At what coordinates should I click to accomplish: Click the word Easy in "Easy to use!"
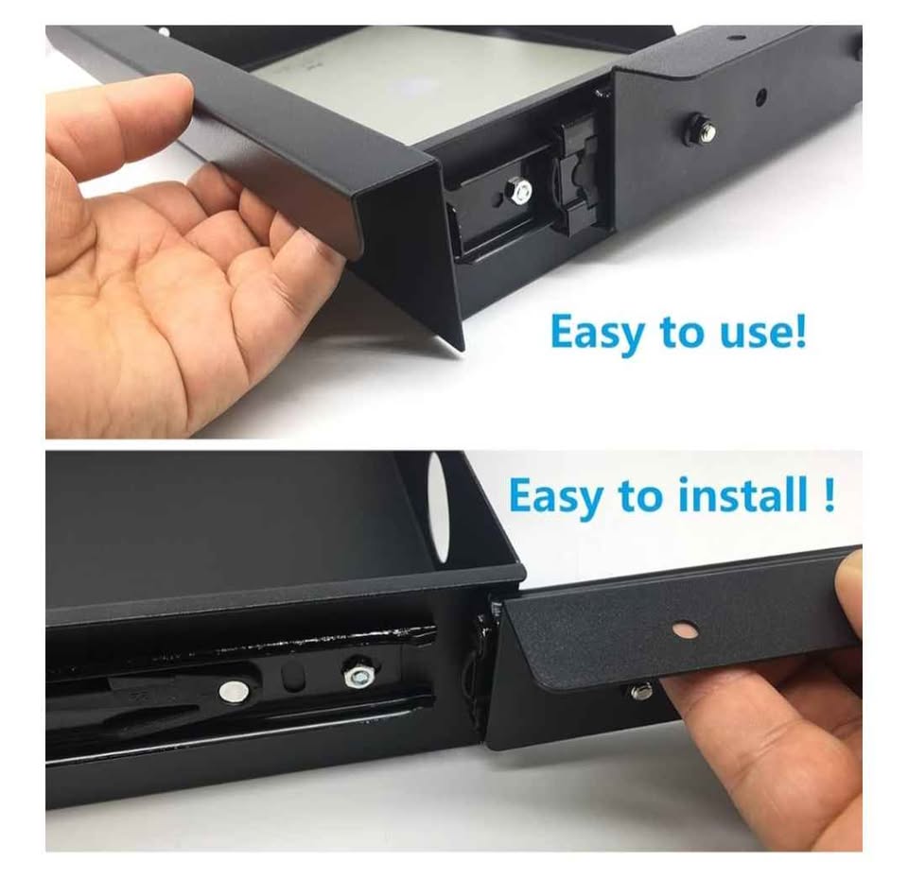(x=597, y=333)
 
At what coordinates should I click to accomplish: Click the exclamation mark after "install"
(x=829, y=494)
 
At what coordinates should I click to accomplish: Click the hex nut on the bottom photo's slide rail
(x=359, y=675)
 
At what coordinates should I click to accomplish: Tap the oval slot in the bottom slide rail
(x=294, y=677)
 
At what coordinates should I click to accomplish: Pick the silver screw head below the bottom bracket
(x=640, y=691)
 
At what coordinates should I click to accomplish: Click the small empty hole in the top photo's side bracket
(x=760, y=95)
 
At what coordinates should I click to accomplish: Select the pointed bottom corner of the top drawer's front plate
(x=461, y=348)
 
